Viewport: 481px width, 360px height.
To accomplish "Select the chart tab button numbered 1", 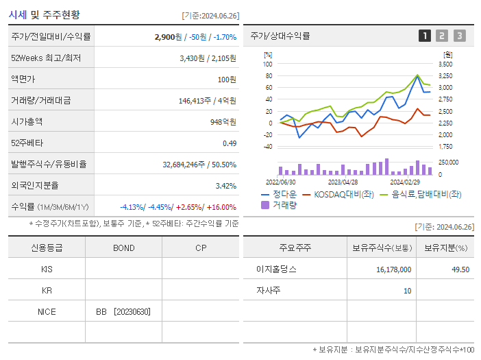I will tap(425, 36).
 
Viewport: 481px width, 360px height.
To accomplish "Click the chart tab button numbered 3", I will tap(459, 36).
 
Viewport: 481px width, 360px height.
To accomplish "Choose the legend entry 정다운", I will tap(284, 194).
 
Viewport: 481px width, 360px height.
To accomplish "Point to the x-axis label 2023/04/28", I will tap(343, 182).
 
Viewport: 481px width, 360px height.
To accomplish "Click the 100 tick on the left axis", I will tap(267, 64).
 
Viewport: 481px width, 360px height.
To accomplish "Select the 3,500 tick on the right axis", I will tap(445, 64).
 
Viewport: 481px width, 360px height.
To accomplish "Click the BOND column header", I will tap(123, 248).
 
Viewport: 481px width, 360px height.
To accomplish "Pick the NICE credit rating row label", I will tap(47, 311).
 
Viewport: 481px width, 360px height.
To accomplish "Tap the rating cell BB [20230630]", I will tap(123, 311).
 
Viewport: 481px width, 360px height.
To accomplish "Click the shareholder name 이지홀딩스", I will tap(273, 269).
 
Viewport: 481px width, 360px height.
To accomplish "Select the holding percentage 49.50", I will tap(460, 269).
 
